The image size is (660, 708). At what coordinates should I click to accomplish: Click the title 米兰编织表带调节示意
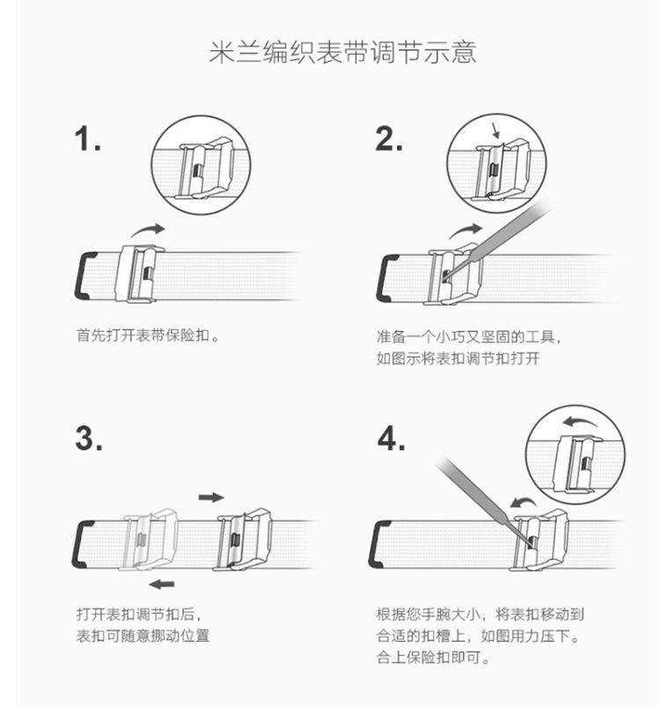point(342,52)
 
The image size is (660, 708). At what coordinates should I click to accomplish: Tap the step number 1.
point(87,138)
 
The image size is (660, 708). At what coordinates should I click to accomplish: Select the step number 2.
point(388,138)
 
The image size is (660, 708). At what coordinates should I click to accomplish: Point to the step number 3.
point(88,439)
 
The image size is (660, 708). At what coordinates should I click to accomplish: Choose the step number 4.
point(391,439)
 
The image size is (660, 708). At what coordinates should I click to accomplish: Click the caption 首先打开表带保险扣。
point(148,336)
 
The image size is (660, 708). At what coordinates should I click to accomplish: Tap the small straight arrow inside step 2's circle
point(495,131)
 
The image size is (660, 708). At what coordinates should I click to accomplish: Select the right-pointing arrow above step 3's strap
point(211,498)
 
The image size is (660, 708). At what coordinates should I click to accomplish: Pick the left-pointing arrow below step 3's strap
point(162,585)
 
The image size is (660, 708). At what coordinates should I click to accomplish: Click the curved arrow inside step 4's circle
point(581,423)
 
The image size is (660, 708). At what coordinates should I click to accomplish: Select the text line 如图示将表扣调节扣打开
point(458,358)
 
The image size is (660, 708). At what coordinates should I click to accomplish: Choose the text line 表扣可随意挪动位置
point(143,636)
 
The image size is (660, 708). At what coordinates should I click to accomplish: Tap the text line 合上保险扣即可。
point(434,658)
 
